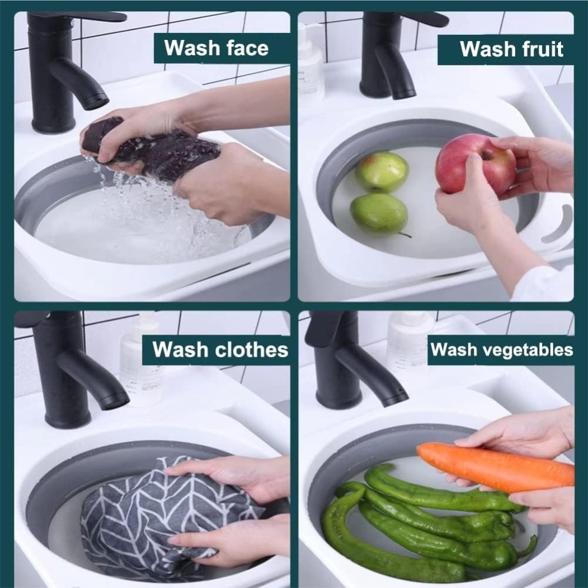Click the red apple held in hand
(x=474, y=164)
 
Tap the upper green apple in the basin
(x=382, y=172)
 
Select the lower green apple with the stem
(x=379, y=213)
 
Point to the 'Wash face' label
(x=216, y=48)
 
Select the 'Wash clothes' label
(x=220, y=350)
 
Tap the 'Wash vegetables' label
(x=501, y=350)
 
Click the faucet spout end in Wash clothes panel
(x=115, y=399)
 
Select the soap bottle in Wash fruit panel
(x=310, y=65)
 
